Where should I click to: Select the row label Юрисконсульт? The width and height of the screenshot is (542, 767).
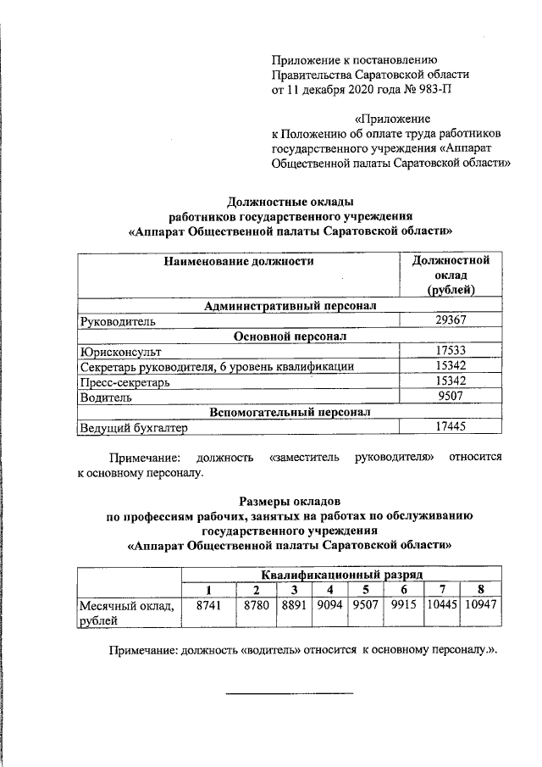click(119, 350)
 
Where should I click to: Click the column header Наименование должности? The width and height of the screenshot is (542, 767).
click(239, 261)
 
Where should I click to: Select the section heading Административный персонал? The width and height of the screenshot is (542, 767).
click(290, 305)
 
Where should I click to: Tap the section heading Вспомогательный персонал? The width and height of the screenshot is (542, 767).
click(290, 412)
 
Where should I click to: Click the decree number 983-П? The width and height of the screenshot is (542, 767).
click(434, 89)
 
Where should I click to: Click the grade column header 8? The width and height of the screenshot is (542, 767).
click(479, 590)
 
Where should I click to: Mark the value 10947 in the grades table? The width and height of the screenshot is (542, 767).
click(479, 606)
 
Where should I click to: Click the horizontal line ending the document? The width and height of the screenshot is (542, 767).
click(289, 694)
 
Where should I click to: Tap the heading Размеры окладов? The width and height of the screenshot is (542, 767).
click(289, 500)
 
